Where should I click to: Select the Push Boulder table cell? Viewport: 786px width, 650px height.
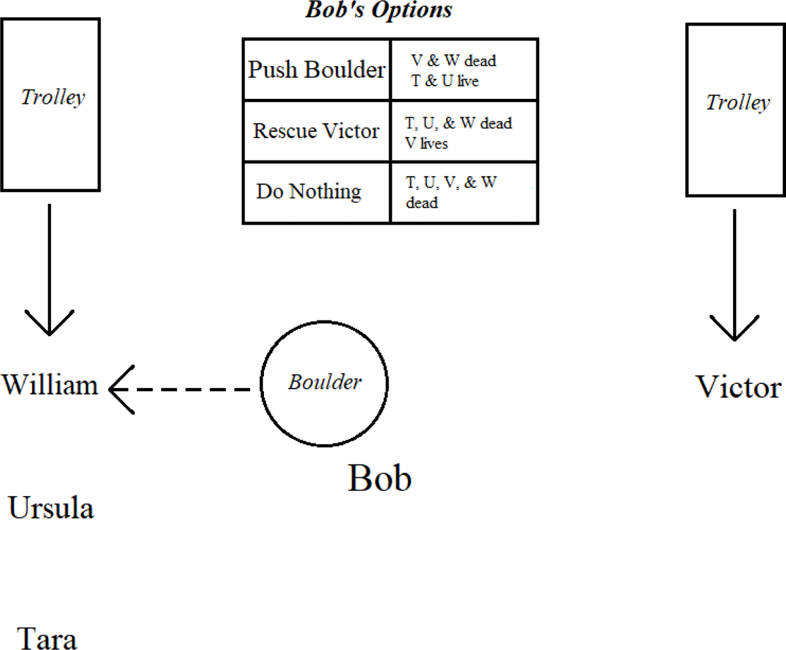[x=317, y=69]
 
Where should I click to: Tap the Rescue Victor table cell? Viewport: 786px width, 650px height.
[x=317, y=131]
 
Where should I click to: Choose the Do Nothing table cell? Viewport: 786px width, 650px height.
[x=317, y=192]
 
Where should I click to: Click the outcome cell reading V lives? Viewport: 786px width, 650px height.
[x=464, y=131]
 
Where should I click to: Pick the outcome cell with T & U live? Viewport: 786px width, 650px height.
[x=464, y=69]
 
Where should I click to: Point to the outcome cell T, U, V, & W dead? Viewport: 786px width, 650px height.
[x=464, y=192]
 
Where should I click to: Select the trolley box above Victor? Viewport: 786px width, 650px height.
[x=735, y=109]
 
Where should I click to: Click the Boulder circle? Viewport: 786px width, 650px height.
[x=324, y=382]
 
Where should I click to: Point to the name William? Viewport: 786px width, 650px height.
[x=50, y=385]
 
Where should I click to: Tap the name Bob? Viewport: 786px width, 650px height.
[x=379, y=478]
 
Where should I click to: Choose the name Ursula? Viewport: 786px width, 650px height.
[x=50, y=508]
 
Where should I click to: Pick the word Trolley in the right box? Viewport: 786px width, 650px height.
[x=738, y=103]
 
